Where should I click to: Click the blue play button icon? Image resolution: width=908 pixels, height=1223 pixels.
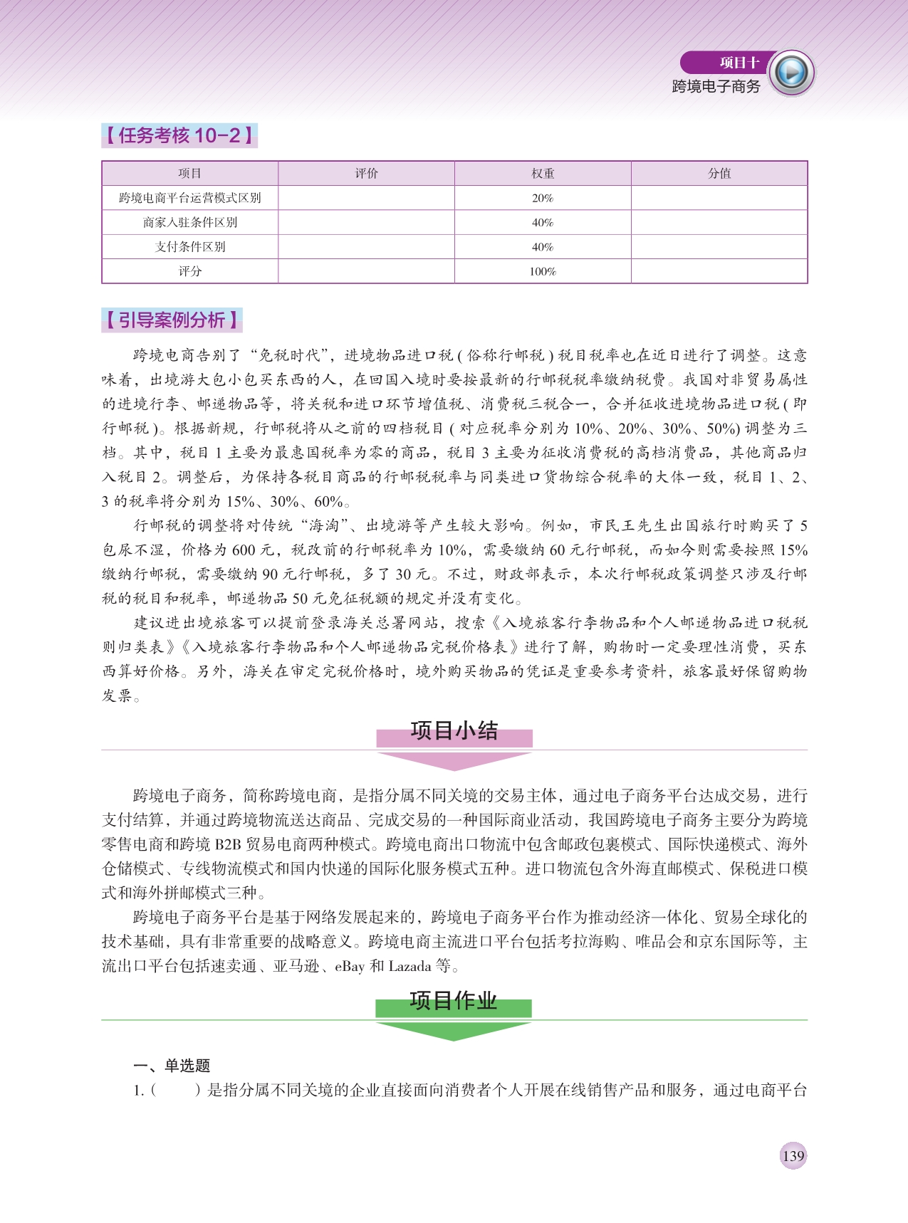point(792,72)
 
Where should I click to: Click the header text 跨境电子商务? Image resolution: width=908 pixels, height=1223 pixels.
point(716,86)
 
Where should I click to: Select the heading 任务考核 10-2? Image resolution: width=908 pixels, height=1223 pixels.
point(179,135)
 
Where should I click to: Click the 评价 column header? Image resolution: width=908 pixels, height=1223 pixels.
point(366,174)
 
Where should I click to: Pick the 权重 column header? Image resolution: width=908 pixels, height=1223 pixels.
point(543,174)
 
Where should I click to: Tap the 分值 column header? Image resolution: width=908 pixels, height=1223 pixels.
point(719,174)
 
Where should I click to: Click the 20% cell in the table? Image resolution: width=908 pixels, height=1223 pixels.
point(543,198)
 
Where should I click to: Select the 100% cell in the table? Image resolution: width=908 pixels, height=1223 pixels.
point(543,271)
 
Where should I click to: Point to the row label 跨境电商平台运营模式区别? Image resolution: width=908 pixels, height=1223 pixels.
point(189,198)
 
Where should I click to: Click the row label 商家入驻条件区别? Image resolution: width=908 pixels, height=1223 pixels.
point(189,222)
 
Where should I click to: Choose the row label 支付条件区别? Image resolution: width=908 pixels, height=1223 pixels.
point(189,247)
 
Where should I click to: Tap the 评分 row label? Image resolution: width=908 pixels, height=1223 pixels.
point(189,271)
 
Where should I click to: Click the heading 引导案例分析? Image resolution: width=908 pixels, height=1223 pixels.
point(172,320)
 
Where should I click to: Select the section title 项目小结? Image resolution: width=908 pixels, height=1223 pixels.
point(454,731)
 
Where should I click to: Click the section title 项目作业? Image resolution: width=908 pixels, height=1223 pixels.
point(454,1001)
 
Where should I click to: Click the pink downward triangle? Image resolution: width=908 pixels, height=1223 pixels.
point(454,761)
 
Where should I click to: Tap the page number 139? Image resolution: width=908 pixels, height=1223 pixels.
point(793,1156)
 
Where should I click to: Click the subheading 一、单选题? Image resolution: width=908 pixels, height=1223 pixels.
point(172,1065)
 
